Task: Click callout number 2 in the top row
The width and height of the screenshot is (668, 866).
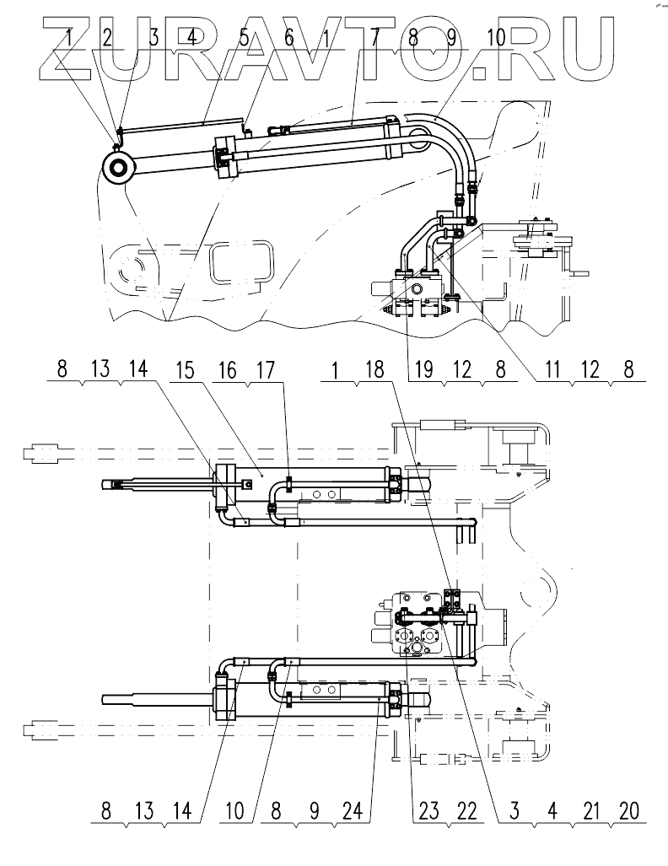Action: click(x=107, y=37)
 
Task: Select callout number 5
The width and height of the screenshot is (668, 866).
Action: click(x=244, y=37)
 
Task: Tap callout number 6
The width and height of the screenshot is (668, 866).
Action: click(x=288, y=37)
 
